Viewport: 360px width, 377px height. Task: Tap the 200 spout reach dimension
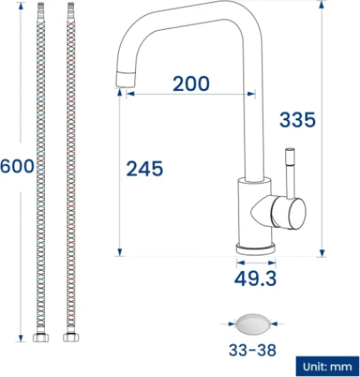point(191,83)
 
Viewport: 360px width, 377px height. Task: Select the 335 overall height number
point(297,120)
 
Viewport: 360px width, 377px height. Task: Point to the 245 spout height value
point(144,169)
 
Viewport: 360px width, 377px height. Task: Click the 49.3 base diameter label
point(255,278)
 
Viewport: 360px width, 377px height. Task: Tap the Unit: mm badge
point(327,366)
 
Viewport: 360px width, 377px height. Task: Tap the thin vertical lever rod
point(290,171)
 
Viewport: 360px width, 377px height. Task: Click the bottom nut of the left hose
point(41,338)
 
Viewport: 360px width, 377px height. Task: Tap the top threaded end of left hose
point(41,8)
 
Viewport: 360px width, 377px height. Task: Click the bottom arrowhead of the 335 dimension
point(322,252)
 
